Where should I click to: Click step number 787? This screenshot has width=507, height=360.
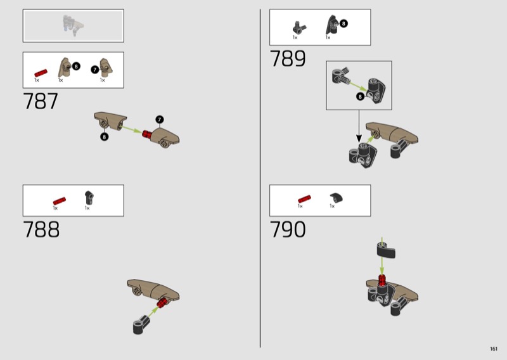pos(41,101)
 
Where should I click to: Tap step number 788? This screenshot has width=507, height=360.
pos(41,229)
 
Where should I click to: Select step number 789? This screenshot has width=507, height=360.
pos(288,58)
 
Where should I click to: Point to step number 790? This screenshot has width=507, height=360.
pos(288,229)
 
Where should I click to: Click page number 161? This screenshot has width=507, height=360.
pos(494,349)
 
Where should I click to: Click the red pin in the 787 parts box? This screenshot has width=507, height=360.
pos(41,73)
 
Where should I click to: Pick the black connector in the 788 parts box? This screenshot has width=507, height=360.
pos(89,197)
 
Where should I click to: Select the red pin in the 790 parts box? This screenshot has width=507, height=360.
pos(304,199)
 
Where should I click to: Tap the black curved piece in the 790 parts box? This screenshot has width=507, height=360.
pos(337,197)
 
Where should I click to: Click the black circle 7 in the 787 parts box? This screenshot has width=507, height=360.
pos(94,70)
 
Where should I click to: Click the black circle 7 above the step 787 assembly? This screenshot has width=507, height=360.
pos(160,119)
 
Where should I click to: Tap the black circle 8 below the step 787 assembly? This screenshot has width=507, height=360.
pos(104,137)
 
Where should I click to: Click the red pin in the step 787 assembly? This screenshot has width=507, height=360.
pos(147,134)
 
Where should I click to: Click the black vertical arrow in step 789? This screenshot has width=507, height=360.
pos(359,126)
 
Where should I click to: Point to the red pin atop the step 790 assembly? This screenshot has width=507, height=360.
pos(382,280)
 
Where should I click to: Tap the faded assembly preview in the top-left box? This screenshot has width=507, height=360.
pos(73,25)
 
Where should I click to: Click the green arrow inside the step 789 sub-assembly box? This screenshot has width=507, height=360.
pos(358,86)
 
